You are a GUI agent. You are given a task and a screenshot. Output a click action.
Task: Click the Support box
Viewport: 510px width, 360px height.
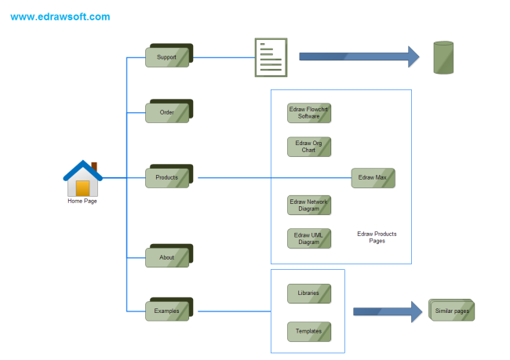(x=167, y=57)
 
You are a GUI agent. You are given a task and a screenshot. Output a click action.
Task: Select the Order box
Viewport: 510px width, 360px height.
(x=167, y=113)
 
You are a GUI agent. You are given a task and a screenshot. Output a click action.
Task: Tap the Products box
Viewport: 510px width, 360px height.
(x=167, y=178)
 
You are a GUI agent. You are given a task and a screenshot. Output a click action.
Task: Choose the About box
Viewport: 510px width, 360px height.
(x=167, y=257)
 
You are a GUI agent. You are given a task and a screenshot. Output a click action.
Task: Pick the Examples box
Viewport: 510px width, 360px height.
(x=167, y=311)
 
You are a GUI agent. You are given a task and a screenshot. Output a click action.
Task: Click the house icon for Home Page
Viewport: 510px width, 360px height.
(x=82, y=180)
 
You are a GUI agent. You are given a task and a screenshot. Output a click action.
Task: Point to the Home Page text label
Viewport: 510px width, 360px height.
(x=82, y=202)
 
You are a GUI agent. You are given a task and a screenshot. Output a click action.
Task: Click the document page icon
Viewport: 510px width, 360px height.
(x=271, y=57)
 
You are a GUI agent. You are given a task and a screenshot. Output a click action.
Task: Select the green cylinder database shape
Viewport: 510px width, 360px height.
(x=444, y=57)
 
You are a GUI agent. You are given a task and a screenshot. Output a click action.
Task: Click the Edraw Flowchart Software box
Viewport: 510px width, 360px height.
(x=309, y=113)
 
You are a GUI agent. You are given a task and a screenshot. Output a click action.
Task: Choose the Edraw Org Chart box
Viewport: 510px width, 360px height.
(x=309, y=147)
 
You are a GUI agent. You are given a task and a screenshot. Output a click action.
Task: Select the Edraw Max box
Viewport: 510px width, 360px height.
(x=373, y=178)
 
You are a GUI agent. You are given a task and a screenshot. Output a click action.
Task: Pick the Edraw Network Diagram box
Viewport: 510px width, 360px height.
(x=309, y=205)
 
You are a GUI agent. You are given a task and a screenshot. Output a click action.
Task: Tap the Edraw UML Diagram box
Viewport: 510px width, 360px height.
(x=309, y=238)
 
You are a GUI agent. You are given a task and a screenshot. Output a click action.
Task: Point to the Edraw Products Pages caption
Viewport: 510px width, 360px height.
(x=377, y=237)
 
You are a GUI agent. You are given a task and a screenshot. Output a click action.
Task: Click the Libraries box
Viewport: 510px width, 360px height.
(x=309, y=293)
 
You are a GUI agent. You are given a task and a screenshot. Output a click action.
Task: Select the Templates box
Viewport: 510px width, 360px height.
(x=309, y=331)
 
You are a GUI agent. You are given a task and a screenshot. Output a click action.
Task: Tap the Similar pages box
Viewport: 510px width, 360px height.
(x=452, y=311)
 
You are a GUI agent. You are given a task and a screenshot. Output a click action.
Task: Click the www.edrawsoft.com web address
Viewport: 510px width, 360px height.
(x=60, y=16)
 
